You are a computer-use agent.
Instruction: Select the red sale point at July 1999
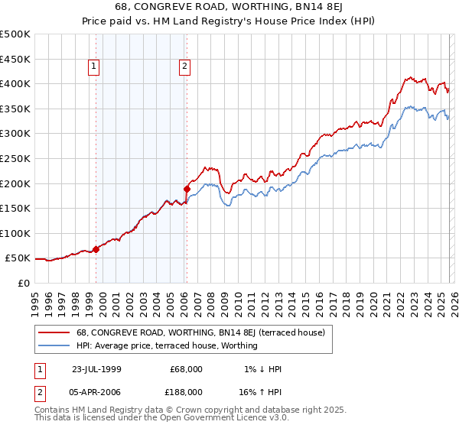pyautogui.click(x=96, y=249)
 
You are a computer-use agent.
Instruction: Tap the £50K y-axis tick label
pyautogui.click(x=18, y=258)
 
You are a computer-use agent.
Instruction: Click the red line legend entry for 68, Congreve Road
pyautogui.click(x=200, y=332)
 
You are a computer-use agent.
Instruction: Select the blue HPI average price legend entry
pyautogui.click(x=167, y=345)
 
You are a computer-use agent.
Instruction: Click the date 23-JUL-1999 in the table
pyautogui.click(x=96, y=369)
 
